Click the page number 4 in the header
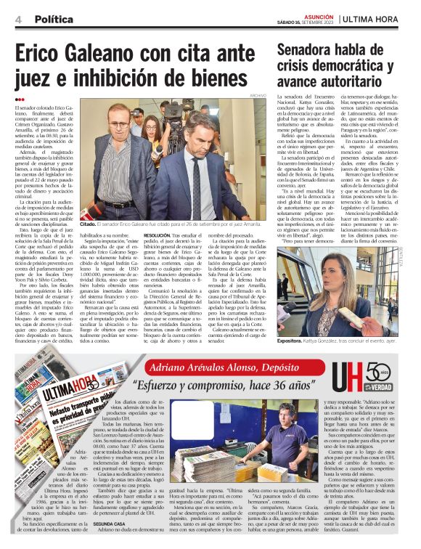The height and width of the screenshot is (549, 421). [17, 19]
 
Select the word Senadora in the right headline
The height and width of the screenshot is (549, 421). [310, 50]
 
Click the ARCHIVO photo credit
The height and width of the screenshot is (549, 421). [258, 95]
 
